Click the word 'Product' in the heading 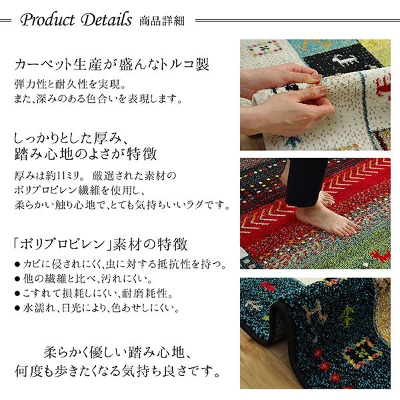coord(48,20)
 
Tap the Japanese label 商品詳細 coord(162,21)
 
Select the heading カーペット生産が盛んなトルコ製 coord(111,64)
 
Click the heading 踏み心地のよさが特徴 coord(85,154)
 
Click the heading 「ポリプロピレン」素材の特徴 coord(100,244)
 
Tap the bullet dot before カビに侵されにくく coord(17,265)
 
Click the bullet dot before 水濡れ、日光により coord(17,309)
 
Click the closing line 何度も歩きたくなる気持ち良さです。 coord(118,371)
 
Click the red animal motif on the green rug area coord(380,255)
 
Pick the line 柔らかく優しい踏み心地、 coord(117,353)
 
